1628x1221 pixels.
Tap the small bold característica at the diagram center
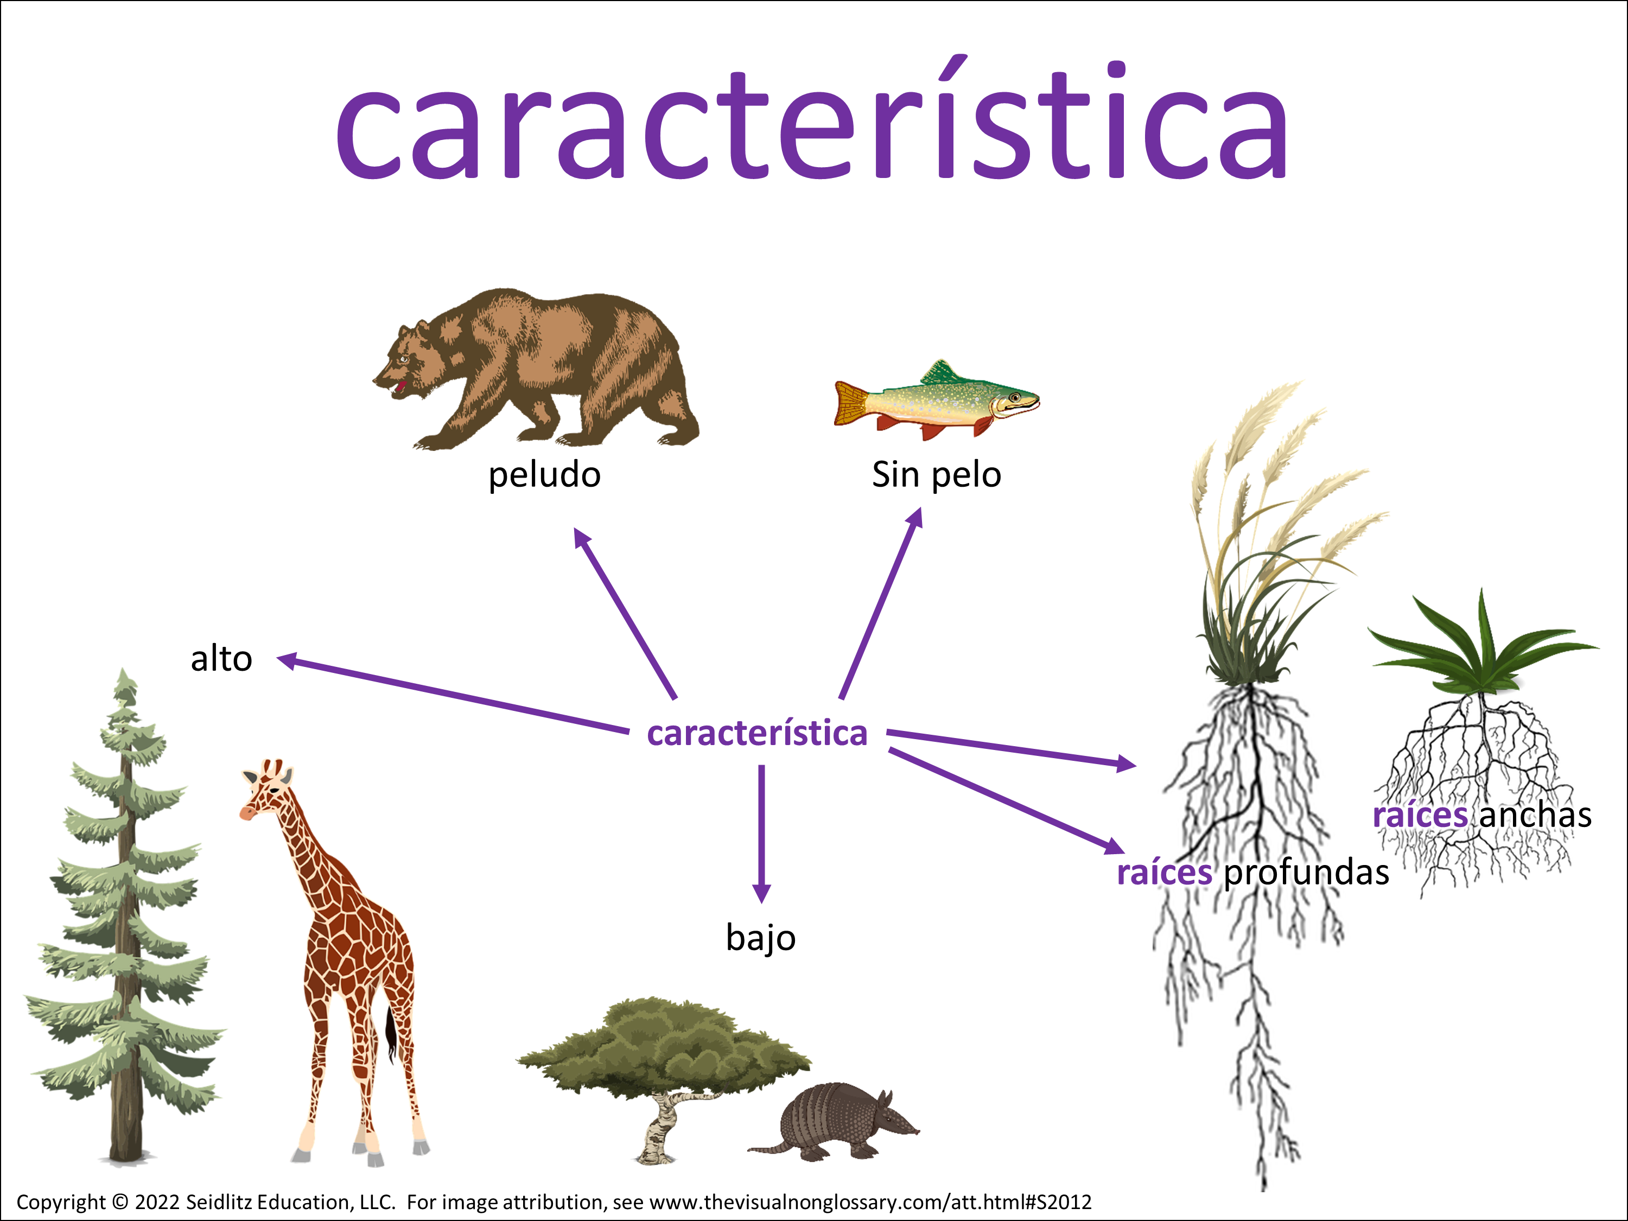758,733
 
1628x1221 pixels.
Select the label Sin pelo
936,475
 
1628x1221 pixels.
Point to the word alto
221,659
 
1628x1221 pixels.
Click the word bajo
761,938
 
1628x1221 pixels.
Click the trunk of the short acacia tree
661,1126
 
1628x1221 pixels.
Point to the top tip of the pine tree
124,669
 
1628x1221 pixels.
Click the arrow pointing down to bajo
762,834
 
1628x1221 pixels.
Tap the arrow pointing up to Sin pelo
880,603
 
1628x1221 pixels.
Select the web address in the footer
870,1203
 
